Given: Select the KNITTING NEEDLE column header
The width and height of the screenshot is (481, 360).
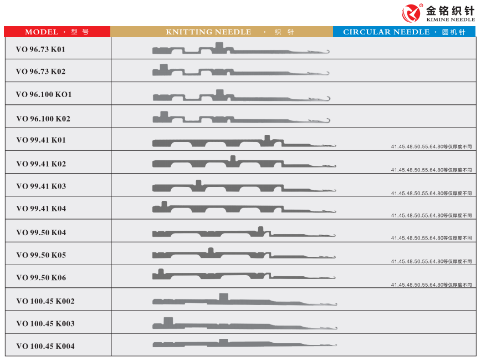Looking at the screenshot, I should pos(222,32).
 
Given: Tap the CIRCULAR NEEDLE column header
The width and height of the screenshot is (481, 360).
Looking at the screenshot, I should pos(404,32).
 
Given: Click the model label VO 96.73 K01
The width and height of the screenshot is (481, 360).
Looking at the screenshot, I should pos(40,49).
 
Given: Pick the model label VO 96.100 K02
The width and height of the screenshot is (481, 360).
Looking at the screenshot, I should pos(43,119).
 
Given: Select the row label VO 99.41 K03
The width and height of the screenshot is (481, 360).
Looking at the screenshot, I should pos(41,186).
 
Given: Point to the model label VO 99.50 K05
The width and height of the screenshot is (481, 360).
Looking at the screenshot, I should pos(41,255).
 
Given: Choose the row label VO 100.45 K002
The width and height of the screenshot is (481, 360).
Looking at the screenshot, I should pos(45,301).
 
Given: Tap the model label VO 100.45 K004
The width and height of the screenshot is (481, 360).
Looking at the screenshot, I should pos(45,347).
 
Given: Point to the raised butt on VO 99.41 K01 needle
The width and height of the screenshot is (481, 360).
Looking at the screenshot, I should pos(267,138).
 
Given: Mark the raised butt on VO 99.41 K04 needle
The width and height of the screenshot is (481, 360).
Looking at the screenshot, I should pos(164,204).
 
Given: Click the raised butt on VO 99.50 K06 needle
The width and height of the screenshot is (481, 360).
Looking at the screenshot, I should pos(161,272).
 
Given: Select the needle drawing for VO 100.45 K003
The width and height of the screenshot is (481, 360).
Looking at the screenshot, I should pos(244,325).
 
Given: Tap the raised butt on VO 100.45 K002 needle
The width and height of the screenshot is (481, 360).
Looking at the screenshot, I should pos(223,297).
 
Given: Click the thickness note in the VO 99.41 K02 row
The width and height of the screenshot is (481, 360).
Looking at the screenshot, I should pos(431,170).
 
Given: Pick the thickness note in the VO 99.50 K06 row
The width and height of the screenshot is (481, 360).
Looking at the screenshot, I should pos(431,285).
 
